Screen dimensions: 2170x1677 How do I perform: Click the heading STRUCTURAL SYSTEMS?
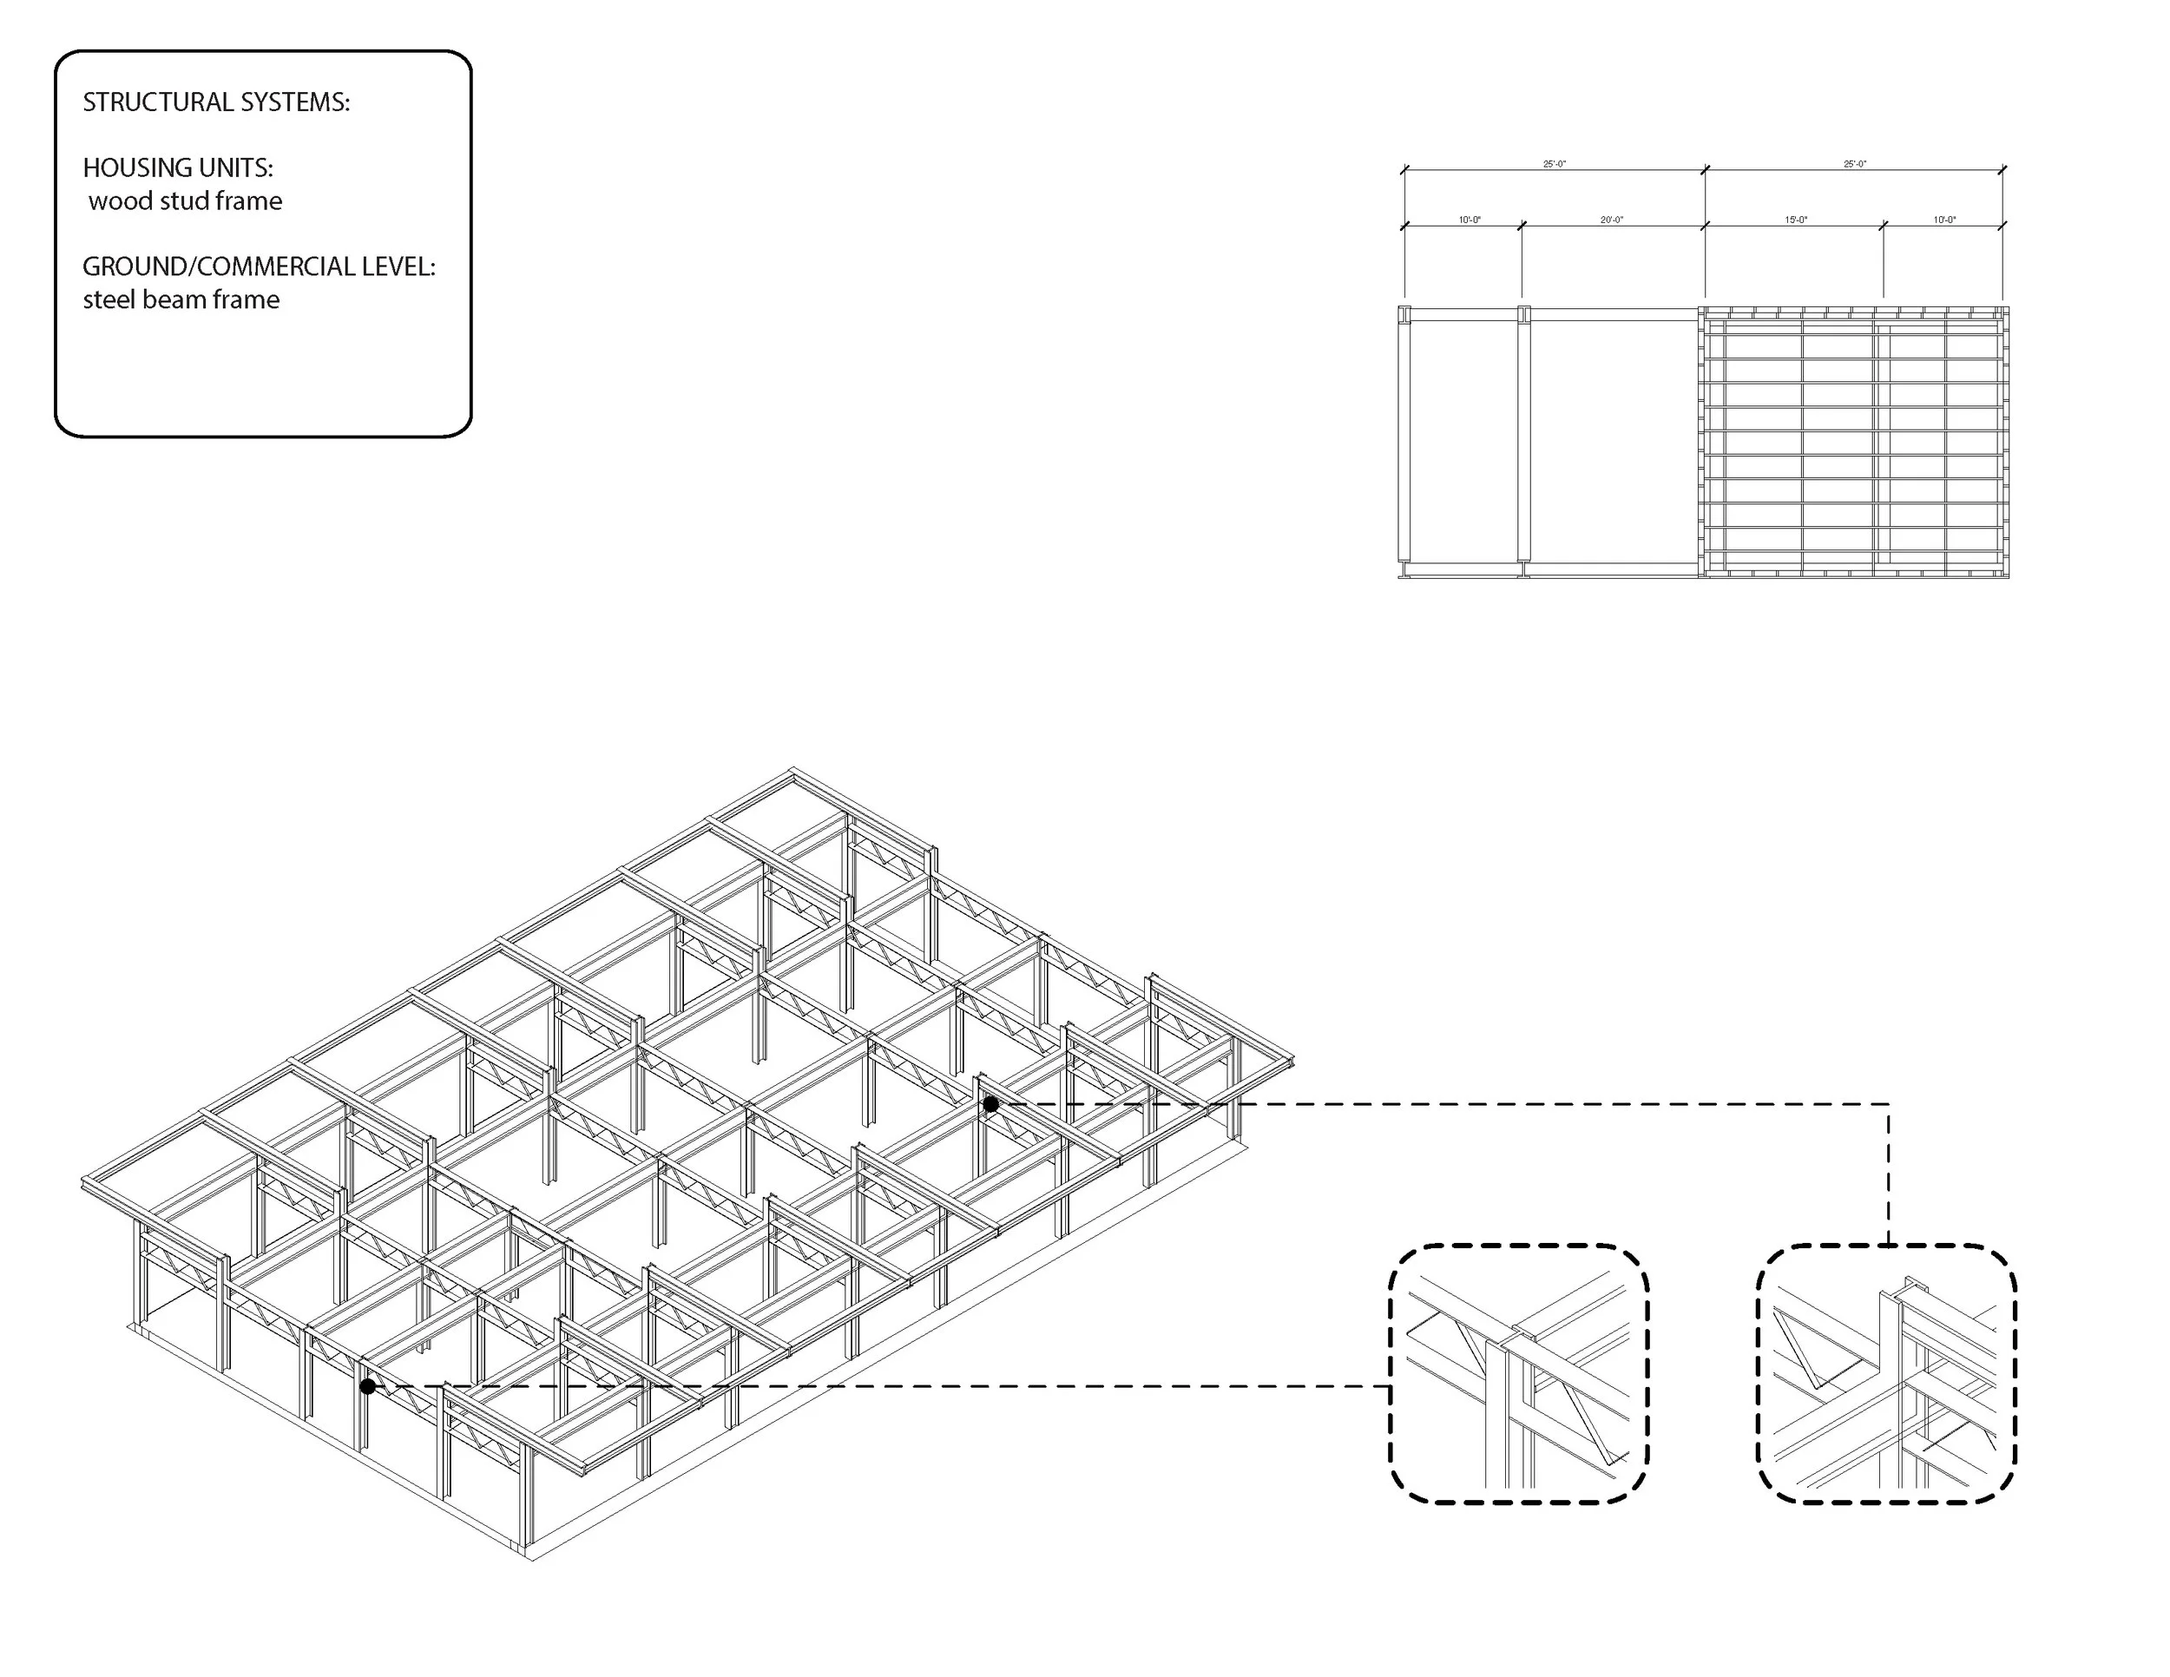[215, 102]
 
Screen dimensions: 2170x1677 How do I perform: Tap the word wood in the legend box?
[119, 201]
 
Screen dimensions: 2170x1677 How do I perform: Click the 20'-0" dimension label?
[1611, 220]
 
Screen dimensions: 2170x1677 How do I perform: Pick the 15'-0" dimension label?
[1795, 220]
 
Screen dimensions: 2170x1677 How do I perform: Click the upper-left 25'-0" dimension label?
[1554, 164]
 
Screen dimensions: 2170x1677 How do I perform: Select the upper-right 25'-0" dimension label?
[1854, 164]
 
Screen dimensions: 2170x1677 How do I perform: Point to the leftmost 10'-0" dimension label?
[1469, 220]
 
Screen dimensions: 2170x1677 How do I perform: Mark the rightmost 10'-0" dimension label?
[1943, 220]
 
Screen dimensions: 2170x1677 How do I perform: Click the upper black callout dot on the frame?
[990, 1104]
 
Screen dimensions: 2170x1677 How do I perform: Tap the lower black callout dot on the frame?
[368, 1386]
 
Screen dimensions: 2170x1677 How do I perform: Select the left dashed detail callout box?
[1517, 1373]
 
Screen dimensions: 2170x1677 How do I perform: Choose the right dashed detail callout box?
[1886, 1373]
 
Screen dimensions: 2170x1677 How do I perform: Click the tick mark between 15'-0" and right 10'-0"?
[1883, 227]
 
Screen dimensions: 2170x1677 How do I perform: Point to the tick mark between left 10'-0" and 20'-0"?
[1522, 227]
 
